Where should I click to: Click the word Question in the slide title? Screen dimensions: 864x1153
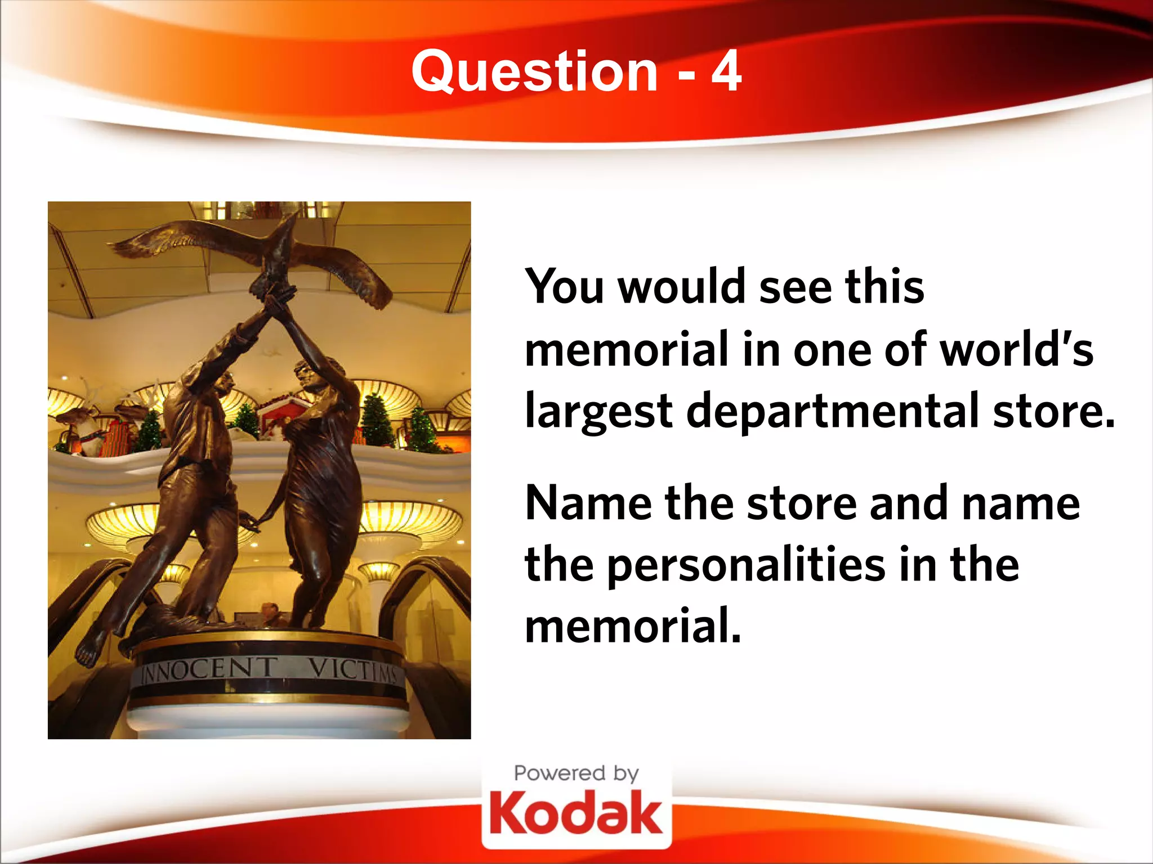[x=534, y=71]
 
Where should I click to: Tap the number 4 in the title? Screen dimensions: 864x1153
[x=726, y=71]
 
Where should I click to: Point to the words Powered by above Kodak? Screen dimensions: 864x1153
[x=576, y=773]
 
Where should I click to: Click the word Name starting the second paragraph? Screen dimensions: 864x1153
[x=588, y=502]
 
